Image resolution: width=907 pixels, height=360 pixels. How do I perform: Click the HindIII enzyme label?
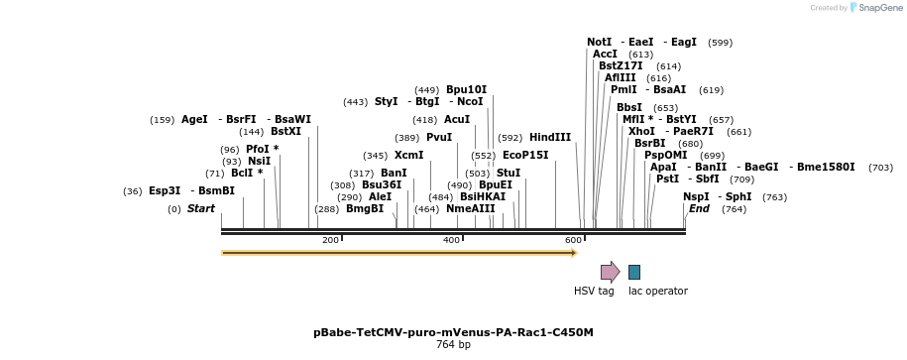pyautogui.click(x=550, y=138)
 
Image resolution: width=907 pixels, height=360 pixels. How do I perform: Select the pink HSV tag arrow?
pyautogui.click(x=610, y=272)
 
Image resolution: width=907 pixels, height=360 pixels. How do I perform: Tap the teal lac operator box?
pyautogui.click(x=634, y=272)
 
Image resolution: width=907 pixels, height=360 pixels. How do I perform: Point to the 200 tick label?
pyautogui.click(x=330, y=240)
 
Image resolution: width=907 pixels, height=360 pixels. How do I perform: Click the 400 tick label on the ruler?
pyautogui.click(x=451, y=240)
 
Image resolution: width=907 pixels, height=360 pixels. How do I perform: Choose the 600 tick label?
pyautogui.click(x=573, y=240)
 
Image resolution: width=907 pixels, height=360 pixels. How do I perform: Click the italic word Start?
pyautogui.click(x=201, y=208)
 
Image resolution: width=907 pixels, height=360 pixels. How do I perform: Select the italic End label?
pyautogui.click(x=699, y=208)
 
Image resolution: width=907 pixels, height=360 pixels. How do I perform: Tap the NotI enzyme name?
pyautogui.click(x=600, y=43)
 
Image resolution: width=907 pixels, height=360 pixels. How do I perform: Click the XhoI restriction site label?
pyautogui.click(x=641, y=131)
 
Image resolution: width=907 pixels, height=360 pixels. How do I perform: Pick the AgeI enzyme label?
pyautogui.click(x=194, y=120)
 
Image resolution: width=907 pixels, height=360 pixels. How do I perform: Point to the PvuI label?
pyautogui.click(x=439, y=138)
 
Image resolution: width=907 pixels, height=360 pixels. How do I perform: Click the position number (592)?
pyautogui.click(x=510, y=138)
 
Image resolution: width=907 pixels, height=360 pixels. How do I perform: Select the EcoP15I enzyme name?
pyautogui.click(x=525, y=155)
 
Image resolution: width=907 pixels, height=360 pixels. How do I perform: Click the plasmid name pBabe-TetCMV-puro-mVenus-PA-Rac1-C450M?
pyautogui.click(x=453, y=332)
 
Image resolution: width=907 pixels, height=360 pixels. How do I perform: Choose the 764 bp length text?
pyautogui.click(x=453, y=345)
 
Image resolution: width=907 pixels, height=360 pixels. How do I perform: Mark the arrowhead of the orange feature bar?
pyautogui.click(x=574, y=253)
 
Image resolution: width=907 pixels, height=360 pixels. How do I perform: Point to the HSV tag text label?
pyautogui.click(x=594, y=291)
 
